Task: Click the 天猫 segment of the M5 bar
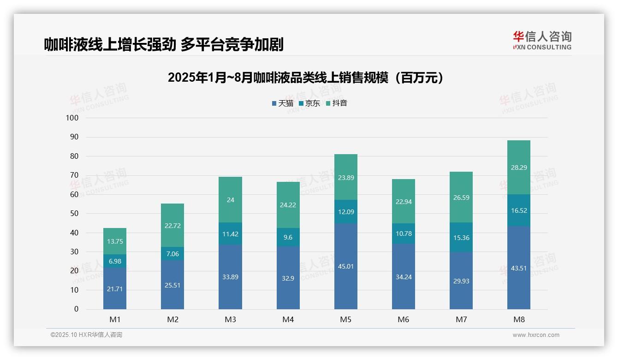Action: pos(345,266)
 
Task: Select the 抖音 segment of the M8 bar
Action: pos(518,167)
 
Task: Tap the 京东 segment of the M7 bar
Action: pos(461,237)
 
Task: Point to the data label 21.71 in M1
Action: pos(115,289)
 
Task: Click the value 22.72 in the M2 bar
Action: pos(172,225)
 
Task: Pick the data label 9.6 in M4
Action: pos(288,237)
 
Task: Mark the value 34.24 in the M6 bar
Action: pos(403,277)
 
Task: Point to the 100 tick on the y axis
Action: pos(72,118)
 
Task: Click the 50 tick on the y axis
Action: pos(74,214)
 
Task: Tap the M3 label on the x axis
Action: pos(230,319)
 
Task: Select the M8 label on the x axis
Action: pos(518,319)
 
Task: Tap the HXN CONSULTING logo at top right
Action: pos(542,40)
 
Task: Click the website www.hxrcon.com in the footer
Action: pos(535,335)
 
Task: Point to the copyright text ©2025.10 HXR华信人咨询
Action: pos(86,335)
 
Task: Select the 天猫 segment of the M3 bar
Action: pos(230,277)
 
